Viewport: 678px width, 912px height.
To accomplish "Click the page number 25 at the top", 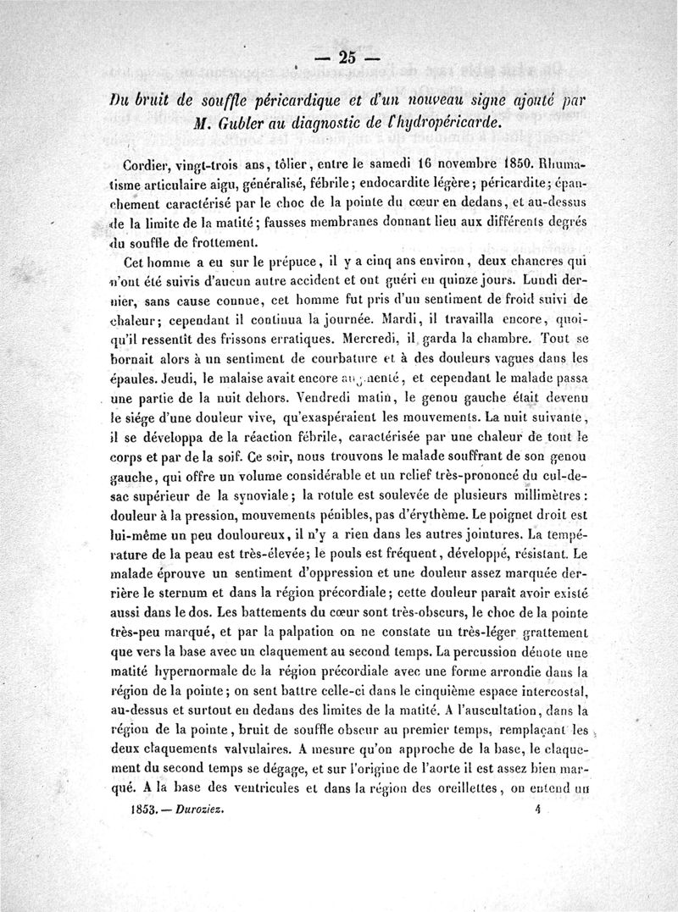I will [x=346, y=58].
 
